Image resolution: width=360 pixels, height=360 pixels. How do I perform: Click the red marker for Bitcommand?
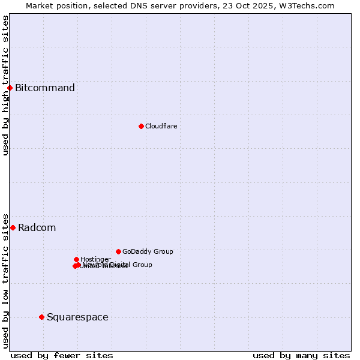10,88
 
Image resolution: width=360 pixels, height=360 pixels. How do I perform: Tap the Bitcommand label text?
45,88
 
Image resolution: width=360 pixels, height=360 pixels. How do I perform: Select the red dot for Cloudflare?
141,126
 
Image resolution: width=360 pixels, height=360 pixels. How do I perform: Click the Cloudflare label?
161,126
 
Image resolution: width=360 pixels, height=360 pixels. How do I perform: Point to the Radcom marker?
13,227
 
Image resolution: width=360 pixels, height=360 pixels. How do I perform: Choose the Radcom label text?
37,228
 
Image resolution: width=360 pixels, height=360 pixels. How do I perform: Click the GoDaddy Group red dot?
118,251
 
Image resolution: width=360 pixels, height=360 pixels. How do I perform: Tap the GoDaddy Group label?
148,251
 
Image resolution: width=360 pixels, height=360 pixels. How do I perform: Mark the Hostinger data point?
76,259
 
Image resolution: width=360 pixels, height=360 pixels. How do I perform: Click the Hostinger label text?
95,259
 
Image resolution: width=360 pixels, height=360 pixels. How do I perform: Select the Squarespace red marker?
41,317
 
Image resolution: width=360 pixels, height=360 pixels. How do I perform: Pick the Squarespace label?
77,317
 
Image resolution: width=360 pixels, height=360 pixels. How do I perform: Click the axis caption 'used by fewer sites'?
62,356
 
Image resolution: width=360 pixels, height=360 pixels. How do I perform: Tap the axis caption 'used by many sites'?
301,356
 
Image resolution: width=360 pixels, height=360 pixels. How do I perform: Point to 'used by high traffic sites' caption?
6,85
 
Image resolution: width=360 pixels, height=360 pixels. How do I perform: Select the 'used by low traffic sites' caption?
6,280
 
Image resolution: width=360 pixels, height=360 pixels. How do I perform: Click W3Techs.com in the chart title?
310,5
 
